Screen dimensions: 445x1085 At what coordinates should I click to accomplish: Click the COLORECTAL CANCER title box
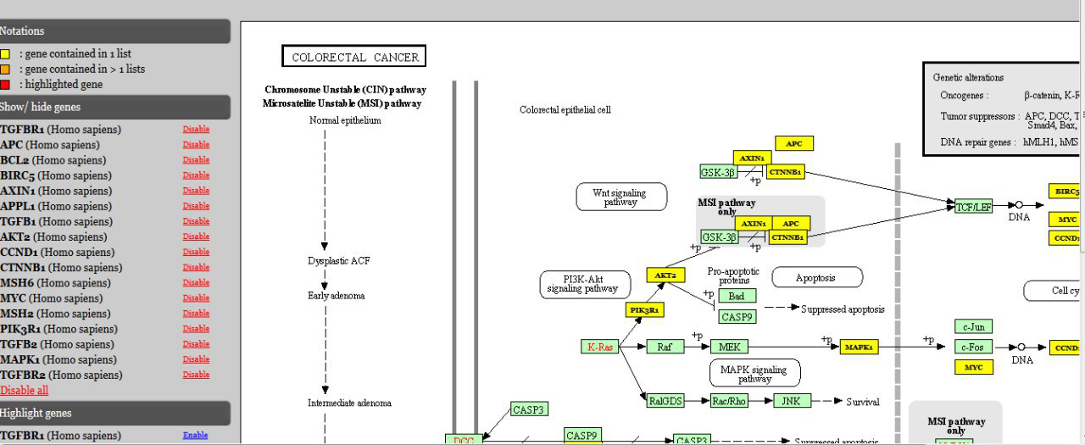(x=354, y=57)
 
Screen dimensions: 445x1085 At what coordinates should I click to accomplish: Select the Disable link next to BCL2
(x=196, y=160)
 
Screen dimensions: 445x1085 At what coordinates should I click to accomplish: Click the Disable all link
(x=25, y=391)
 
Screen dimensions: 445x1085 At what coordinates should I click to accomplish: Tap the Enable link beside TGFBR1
(x=195, y=436)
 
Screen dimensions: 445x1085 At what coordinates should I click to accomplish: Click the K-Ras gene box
(x=600, y=347)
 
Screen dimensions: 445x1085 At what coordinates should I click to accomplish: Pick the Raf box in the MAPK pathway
(x=665, y=347)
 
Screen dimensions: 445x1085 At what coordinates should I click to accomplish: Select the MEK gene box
(x=729, y=347)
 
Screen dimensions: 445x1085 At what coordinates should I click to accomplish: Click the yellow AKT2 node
(x=665, y=275)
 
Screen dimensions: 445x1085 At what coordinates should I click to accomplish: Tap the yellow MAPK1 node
(x=858, y=347)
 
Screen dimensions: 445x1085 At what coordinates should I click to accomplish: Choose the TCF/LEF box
(x=973, y=206)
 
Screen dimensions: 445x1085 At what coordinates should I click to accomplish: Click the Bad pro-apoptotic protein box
(x=737, y=296)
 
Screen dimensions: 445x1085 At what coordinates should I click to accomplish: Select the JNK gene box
(x=792, y=401)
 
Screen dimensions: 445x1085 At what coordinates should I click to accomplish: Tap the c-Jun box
(x=973, y=326)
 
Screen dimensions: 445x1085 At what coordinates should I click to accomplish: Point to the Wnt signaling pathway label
(x=620, y=197)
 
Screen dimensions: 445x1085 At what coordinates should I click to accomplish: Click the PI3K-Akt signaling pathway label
(x=585, y=284)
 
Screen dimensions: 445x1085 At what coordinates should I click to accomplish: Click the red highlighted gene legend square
(x=5, y=84)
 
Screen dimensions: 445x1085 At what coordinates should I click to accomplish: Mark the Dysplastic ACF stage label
(x=338, y=261)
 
